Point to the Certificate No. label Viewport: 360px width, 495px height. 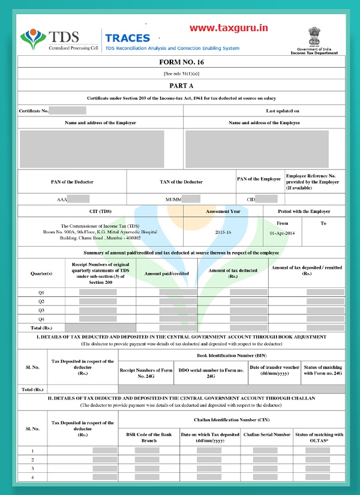(x=34, y=111)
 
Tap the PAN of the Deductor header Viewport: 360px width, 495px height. (x=72, y=182)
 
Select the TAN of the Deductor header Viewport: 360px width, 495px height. (x=181, y=182)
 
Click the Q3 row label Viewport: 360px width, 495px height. (x=41, y=310)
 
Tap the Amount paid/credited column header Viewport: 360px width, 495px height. (x=167, y=273)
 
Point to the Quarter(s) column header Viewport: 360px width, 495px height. (x=41, y=273)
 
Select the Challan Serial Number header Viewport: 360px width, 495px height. (x=266, y=434)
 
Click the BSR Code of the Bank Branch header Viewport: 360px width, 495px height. (x=148, y=437)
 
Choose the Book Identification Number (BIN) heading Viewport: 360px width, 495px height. (x=232, y=355)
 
